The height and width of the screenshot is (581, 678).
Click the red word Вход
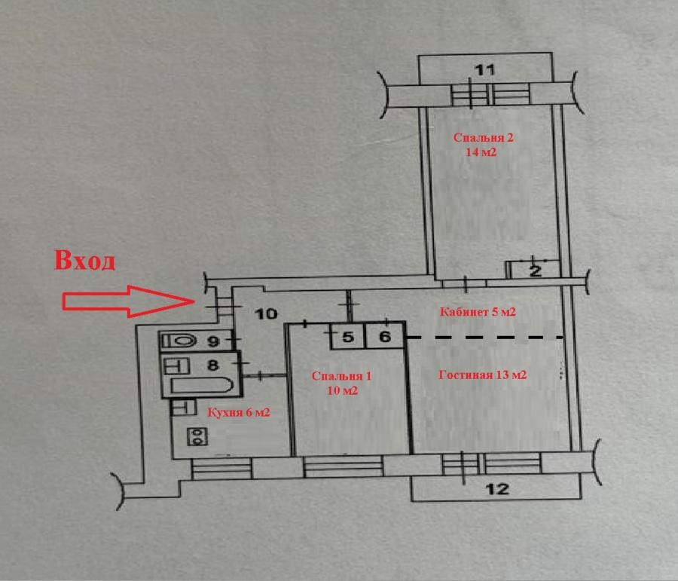84,260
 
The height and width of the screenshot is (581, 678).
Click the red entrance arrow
128,301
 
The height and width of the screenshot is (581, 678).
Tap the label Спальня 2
483,138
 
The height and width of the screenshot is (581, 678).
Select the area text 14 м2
481,152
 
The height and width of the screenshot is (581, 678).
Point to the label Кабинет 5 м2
478,312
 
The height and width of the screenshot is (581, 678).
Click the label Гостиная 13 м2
483,375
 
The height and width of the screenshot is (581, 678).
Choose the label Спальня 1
341,376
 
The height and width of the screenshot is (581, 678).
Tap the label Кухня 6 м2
239,413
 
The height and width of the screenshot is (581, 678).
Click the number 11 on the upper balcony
484,69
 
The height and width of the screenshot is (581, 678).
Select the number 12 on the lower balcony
497,489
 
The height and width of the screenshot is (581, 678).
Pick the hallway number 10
266,313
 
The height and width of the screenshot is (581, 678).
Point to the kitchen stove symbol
197,436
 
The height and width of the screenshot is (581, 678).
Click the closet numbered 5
348,336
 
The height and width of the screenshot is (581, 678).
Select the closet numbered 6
385,336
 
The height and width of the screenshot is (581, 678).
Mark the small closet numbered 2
534,270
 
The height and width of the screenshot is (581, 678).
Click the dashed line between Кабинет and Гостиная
485,337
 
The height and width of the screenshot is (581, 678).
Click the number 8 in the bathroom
212,365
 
